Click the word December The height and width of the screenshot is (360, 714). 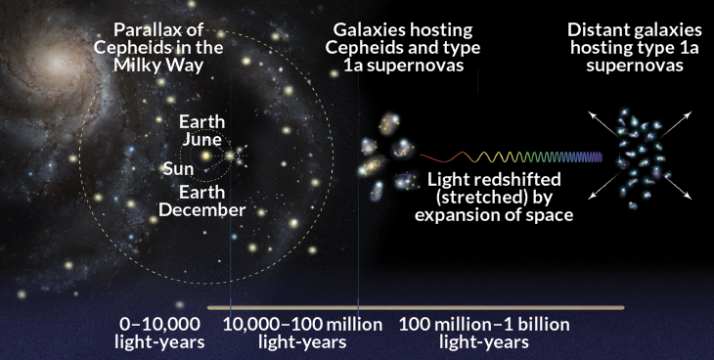click(x=201, y=210)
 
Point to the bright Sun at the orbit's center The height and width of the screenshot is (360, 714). click(x=205, y=157)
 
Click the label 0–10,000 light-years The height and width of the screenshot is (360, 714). click(x=159, y=334)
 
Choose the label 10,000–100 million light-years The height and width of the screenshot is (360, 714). click(x=303, y=334)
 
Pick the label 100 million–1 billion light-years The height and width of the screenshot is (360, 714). click(x=484, y=334)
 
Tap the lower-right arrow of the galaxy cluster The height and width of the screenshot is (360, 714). click(x=674, y=187)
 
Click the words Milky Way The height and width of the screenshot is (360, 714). click(x=158, y=66)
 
